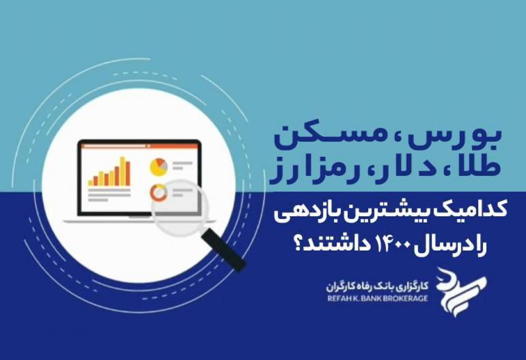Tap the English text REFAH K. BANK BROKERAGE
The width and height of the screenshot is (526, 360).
coord(377,297)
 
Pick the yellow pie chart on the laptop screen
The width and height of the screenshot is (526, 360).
coord(159,167)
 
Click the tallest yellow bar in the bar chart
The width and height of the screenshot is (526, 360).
coord(123,171)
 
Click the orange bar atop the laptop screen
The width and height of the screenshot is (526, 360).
coord(139,146)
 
